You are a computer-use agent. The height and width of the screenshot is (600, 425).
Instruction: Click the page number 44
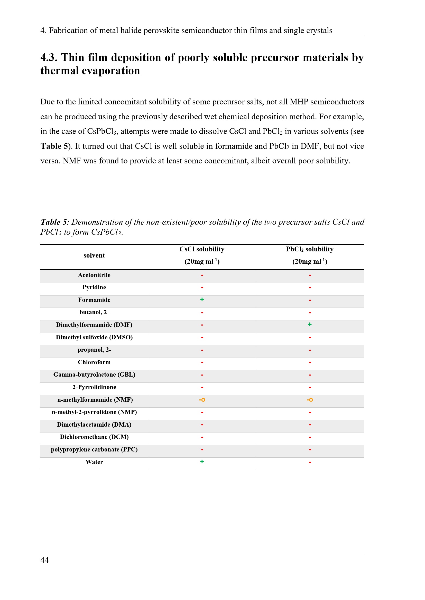44,560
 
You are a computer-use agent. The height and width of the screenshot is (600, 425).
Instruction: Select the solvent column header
94,255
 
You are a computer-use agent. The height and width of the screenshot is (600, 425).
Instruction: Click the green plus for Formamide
202,299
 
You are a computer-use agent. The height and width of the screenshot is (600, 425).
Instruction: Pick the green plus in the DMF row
310,324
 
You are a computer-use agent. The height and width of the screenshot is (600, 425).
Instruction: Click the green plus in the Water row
202,461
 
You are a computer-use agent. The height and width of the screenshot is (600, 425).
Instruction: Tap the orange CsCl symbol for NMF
202,400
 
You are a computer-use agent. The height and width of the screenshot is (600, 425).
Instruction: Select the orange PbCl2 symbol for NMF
310,400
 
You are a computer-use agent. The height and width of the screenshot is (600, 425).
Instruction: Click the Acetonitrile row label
94,275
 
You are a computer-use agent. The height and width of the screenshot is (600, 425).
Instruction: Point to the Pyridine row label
94,287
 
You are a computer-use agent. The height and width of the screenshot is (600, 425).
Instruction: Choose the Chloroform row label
94,362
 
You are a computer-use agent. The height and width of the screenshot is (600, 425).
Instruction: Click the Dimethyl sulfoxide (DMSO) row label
94,337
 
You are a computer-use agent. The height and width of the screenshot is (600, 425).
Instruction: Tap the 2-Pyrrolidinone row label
94,387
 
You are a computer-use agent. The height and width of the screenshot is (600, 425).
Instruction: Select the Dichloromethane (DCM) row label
94,437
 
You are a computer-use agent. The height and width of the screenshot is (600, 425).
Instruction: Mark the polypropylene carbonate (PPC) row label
94,449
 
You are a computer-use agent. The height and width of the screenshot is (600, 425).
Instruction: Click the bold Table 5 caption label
55,222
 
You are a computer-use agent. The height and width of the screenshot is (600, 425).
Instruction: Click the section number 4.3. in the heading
49,58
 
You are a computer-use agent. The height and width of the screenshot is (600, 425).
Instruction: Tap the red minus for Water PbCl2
310,462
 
